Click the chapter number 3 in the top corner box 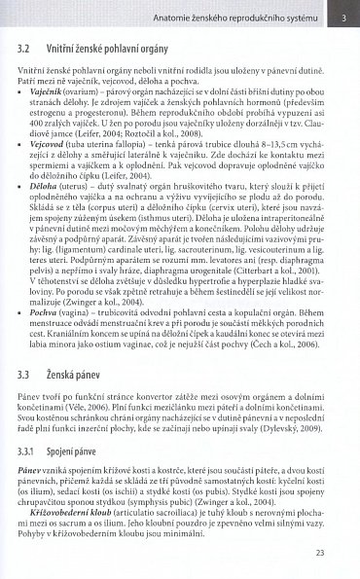[343, 16]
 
